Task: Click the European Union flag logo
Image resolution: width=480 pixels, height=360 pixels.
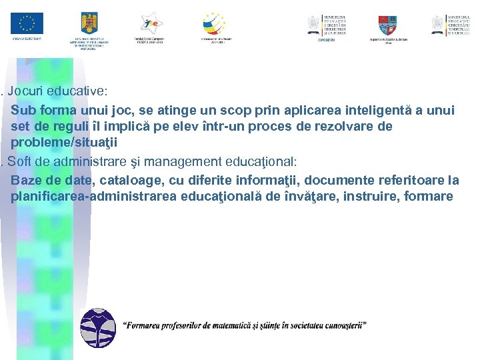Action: point(27,23)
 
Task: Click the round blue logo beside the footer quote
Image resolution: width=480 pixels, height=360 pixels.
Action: point(98,328)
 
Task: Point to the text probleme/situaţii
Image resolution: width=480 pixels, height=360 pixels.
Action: point(69,143)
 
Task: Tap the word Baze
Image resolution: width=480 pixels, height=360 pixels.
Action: point(26,179)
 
